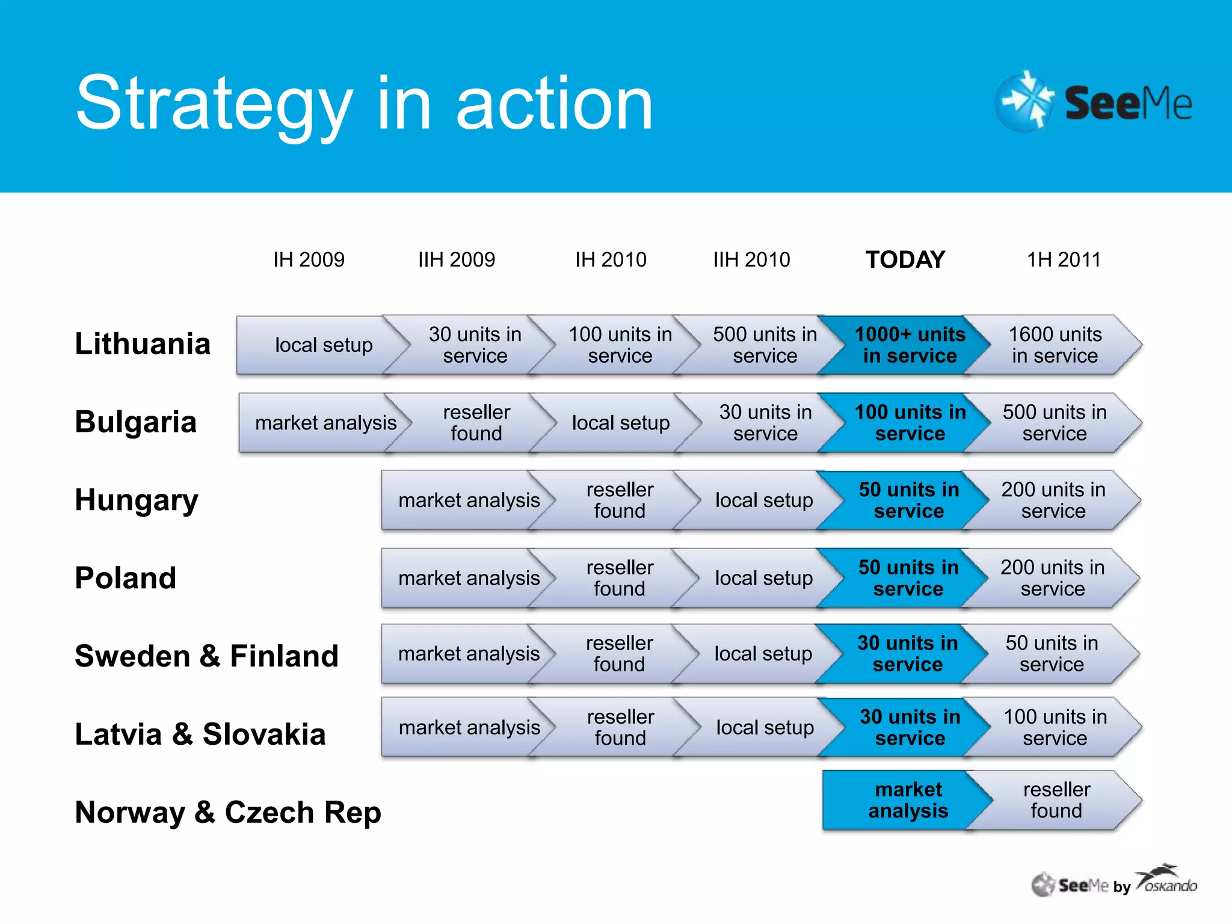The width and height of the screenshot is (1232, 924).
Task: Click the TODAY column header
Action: tap(905, 259)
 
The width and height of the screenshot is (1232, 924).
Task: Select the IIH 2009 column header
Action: tap(456, 259)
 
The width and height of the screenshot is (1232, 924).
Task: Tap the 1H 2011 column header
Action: tap(1063, 259)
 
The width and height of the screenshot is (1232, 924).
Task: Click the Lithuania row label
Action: tap(143, 343)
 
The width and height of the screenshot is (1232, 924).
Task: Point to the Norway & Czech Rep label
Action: tap(228, 812)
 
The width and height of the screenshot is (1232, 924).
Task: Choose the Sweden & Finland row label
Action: tap(206, 656)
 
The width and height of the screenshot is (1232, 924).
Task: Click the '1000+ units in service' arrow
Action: tap(910, 345)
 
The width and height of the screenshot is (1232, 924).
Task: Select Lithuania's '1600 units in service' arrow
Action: tap(1055, 345)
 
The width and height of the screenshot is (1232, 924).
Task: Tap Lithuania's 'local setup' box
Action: tap(324, 345)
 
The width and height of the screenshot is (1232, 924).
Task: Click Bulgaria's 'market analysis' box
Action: tap(325, 423)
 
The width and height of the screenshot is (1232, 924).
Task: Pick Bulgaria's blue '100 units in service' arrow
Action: tap(910, 423)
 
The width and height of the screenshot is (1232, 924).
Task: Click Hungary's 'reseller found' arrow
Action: tap(620, 500)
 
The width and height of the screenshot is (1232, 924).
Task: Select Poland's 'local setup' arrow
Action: tap(763, 578)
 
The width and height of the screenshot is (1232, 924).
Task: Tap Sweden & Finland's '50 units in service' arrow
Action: tap(1052, 653)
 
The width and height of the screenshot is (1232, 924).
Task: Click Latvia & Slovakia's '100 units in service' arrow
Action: tap(1055, 727)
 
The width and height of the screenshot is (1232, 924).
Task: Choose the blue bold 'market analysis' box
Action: tap(908, 800)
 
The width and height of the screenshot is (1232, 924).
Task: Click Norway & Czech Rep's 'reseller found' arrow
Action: tap(1056, 800)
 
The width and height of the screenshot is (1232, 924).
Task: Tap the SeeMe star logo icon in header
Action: tap(1025, 101)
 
